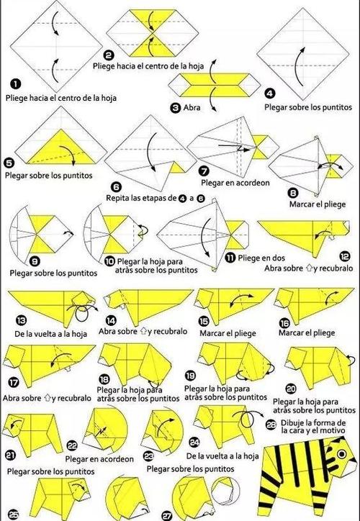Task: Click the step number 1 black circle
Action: pos(15,84)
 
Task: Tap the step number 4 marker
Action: pos(269,94)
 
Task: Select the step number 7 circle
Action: pos(204,171)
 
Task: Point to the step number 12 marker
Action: pos(345,256)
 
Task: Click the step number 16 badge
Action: pos(284,322)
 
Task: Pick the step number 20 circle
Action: pos(291,389)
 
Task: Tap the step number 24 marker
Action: pos(194,443)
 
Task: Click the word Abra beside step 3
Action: pos(192,108)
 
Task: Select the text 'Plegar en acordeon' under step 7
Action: pos(235,182)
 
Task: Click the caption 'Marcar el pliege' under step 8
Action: pos(318,204)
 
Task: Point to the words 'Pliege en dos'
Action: pos(261,258)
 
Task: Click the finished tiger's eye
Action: pos(341,453)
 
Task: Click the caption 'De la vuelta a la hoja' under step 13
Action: pos(50,333)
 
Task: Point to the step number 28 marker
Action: pos(271,425)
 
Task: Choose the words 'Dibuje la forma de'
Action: pos(313,423)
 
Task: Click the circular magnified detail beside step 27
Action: pos(225,491)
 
